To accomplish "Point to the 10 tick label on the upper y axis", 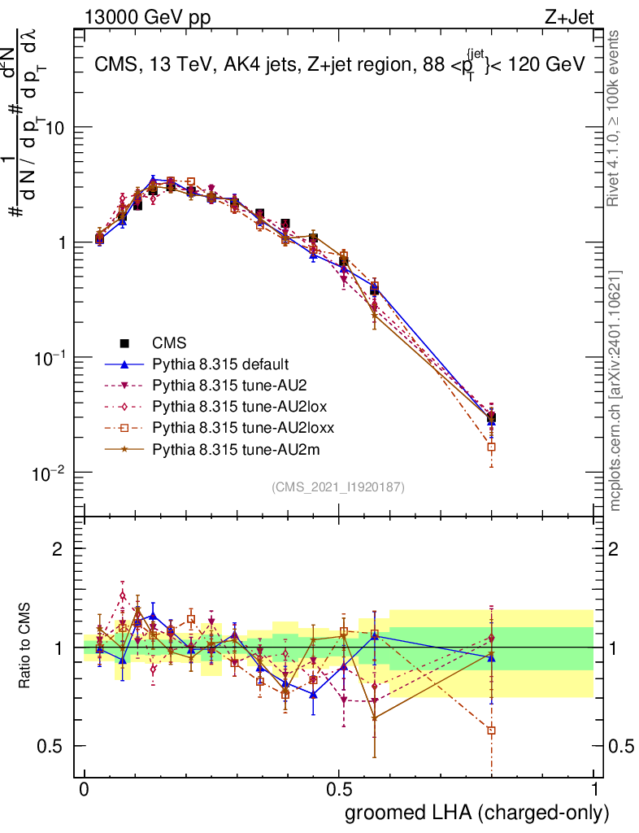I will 57,129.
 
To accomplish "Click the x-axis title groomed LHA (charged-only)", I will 477,813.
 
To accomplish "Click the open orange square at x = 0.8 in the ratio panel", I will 491,731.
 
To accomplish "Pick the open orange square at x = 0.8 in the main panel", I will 491,447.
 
